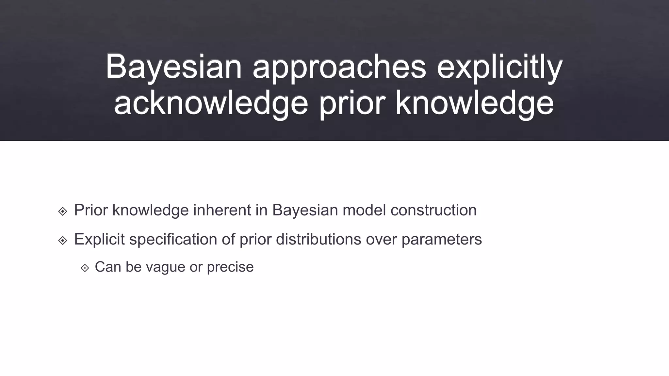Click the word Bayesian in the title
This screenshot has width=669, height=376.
pos(173,67)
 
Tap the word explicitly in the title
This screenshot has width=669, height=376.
pos(499,67)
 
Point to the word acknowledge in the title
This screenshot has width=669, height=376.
pos(211,104)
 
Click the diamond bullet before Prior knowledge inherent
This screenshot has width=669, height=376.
pos(63,211)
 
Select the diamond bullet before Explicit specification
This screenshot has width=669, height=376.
pos(63,241)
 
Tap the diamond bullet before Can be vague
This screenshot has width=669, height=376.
pos(85,268)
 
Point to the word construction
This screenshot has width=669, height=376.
pos(433,210)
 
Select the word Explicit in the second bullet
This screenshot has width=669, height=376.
pos(99,239)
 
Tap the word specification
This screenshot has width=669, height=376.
pos(173,239)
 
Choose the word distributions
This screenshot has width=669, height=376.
pos(318,239)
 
